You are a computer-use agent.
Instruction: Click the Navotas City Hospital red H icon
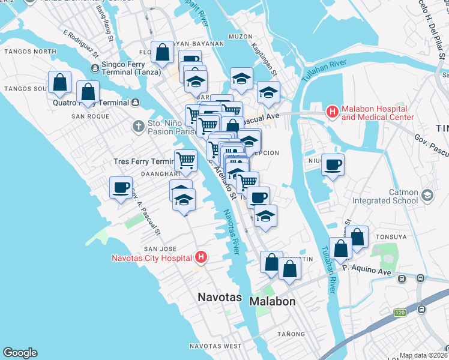pyautogui.click(x=202, y=259)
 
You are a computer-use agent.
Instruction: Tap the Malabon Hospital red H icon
pyautogui.click(x=332, y=112)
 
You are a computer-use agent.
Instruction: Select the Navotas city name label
pyautogui.click(x=220, y=298)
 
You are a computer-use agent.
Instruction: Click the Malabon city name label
pyautogui.click(x=273, y=301)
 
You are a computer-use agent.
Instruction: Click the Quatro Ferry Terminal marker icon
pyautogui.click(x=136, y=103)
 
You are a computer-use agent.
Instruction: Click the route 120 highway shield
pyautogui.click(x=400, y=313)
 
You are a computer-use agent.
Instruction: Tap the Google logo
pyautogui.click(x=20, y=353)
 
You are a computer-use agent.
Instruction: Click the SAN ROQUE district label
pyautogui.click(x=90, y=116)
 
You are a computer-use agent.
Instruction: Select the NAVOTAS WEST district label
pyautogui.click(x=215, y=346)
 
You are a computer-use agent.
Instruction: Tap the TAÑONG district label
pyautogui.click(x=292, y=334)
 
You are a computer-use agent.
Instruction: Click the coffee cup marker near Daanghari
pyautogui.click(x=121, y=187)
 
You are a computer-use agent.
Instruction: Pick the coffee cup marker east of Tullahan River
pyautogui.click(x=333, y=164)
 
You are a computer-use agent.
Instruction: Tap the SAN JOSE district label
pyautogui.click(x=159, y=248)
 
